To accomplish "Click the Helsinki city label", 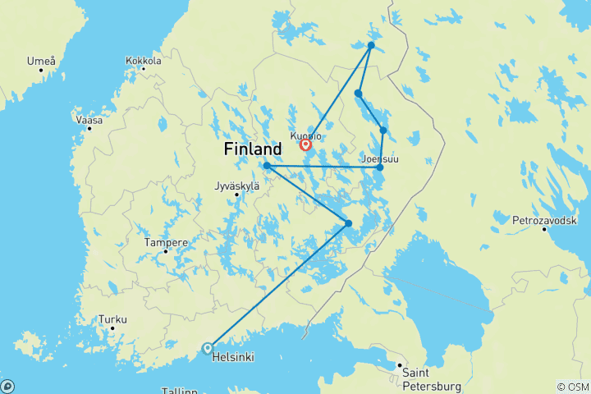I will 233,358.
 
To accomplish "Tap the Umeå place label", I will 41,61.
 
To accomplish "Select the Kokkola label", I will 144,60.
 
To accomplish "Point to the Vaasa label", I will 89,120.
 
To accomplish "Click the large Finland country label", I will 253,150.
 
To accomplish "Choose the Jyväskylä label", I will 237,186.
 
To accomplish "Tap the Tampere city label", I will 166,243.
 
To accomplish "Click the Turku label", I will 112,319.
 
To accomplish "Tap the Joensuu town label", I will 379,158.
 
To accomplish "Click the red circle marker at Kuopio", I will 305,145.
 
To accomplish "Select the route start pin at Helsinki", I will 207,348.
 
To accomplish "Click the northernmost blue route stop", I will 371,45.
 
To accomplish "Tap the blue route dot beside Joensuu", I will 379,167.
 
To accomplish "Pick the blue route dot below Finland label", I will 267,166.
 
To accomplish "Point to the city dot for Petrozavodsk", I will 543,229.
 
